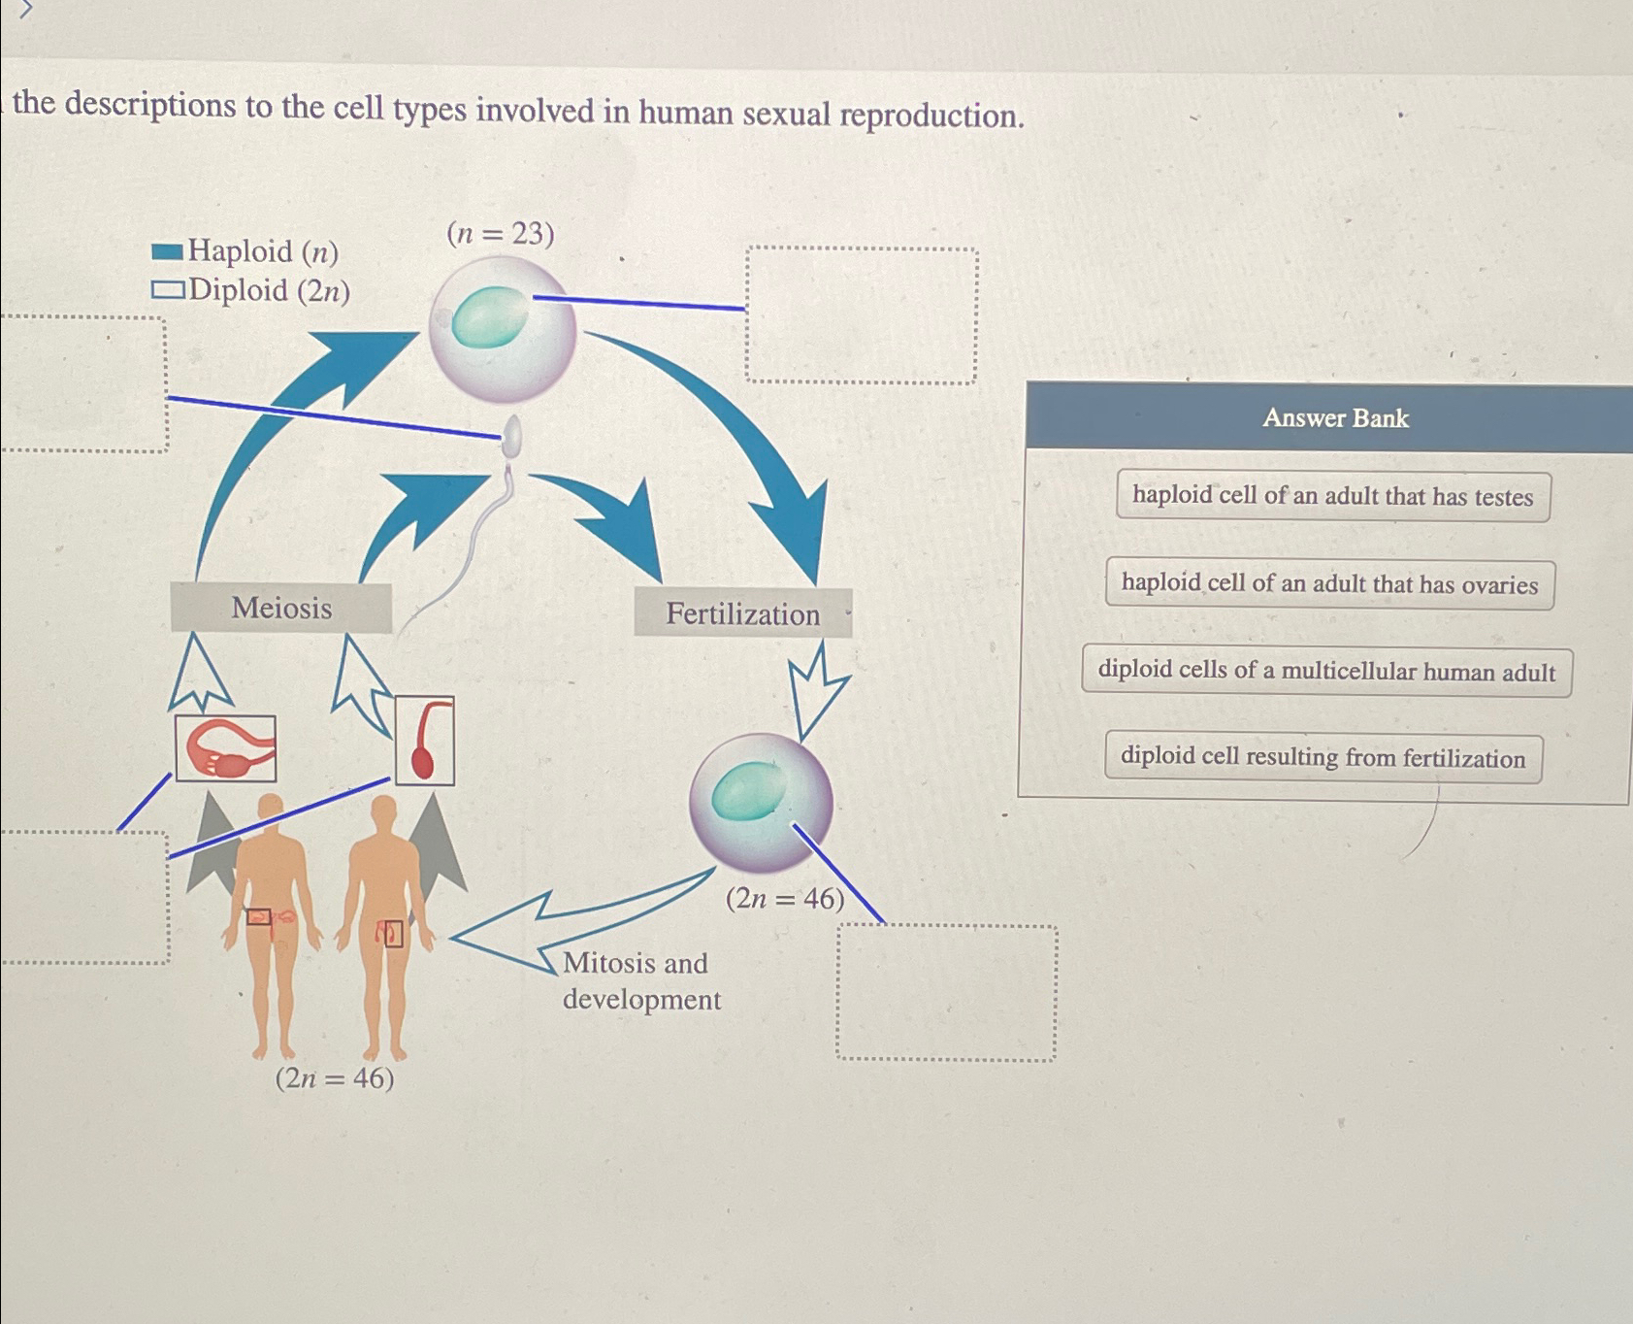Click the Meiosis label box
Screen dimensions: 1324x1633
point(281,608)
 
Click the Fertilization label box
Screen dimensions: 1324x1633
point(742,613)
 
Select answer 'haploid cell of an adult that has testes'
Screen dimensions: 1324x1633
point(1332,496)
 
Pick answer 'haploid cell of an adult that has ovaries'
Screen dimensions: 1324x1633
point(1329,583)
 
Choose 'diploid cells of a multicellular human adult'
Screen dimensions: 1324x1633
point(1326,671)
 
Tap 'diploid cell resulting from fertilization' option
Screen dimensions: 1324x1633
point(1323,757)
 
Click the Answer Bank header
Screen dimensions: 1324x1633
point(1334,417)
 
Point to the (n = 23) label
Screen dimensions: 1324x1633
point(500,234)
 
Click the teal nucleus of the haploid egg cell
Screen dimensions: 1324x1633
point(490,317)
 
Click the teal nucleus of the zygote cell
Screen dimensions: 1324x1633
point(748,790)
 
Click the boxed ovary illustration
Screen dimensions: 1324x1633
point(226,748)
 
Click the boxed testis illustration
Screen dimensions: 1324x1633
point(425,740)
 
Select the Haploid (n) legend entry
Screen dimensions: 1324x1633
point(245,251)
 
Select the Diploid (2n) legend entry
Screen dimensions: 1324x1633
point(251,290)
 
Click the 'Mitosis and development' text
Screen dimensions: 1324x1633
point(640,980)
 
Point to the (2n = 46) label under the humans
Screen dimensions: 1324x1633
point(335,1078)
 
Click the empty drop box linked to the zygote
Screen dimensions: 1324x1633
point(946,992)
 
